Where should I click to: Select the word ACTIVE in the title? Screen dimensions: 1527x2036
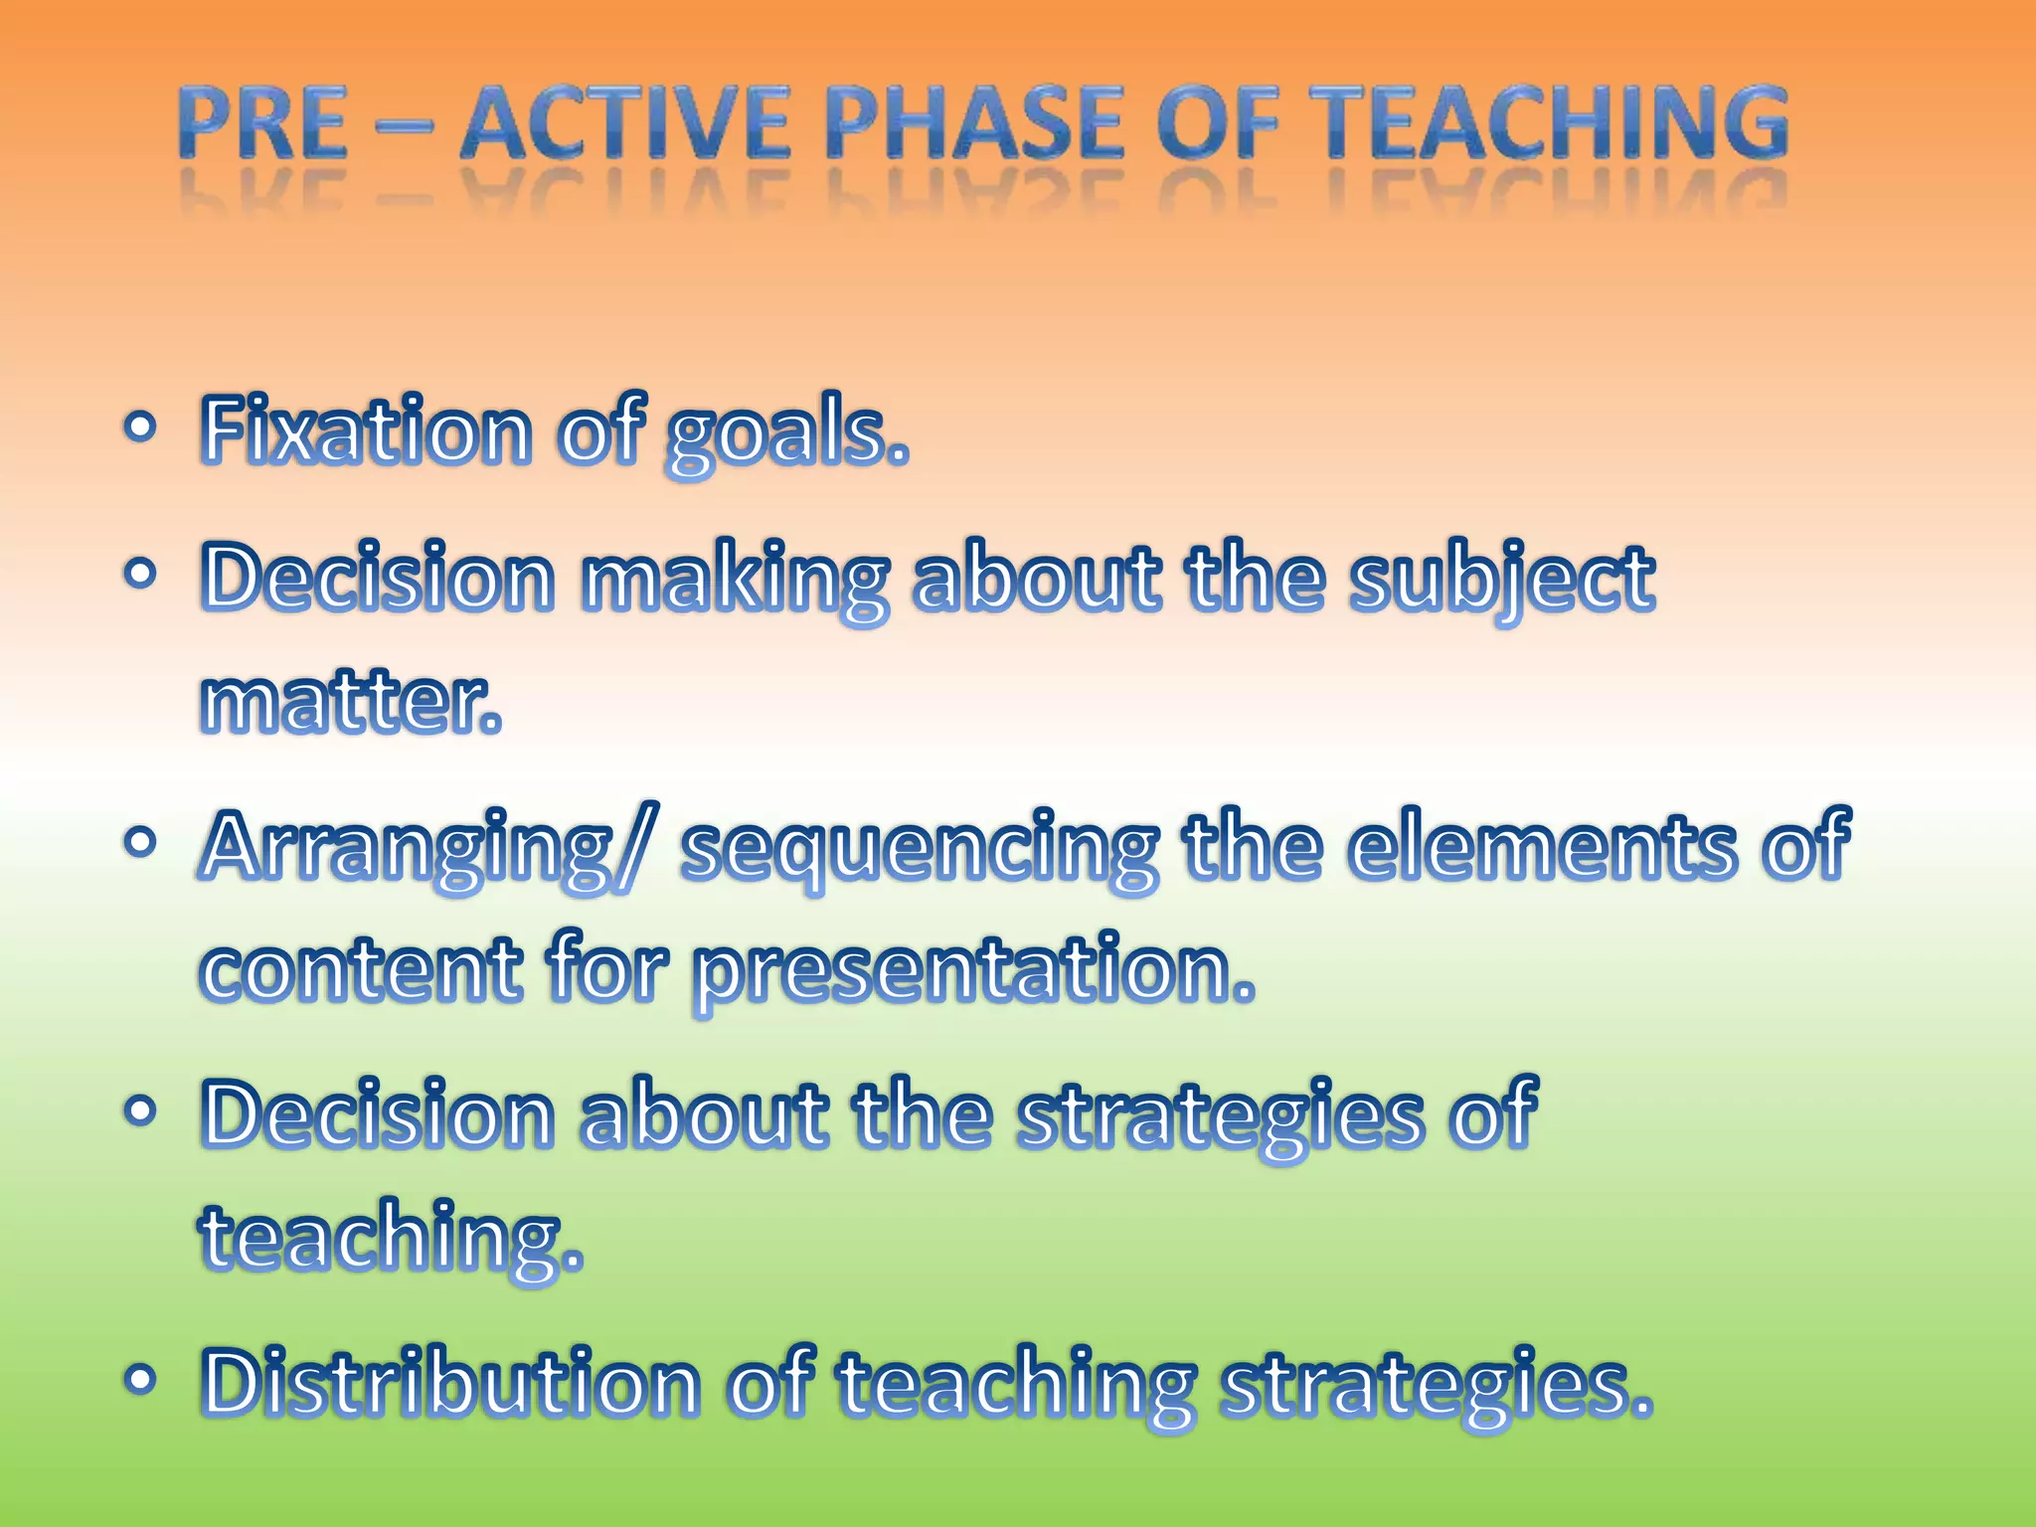[626, 123]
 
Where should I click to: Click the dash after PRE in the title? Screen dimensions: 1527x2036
[405, 127]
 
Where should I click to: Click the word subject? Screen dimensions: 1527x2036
[1501, 581]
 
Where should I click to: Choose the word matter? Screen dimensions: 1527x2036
[350, 702]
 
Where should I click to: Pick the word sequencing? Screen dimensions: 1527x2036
[919, 850]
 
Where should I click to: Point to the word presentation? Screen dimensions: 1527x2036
[974, 971]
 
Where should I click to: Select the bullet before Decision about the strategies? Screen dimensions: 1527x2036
[140, 1110]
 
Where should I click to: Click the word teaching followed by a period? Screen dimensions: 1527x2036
[392, 1238]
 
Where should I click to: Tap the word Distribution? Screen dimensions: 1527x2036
[451, 1382]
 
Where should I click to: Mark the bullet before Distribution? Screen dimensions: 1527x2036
[140, 1379]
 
